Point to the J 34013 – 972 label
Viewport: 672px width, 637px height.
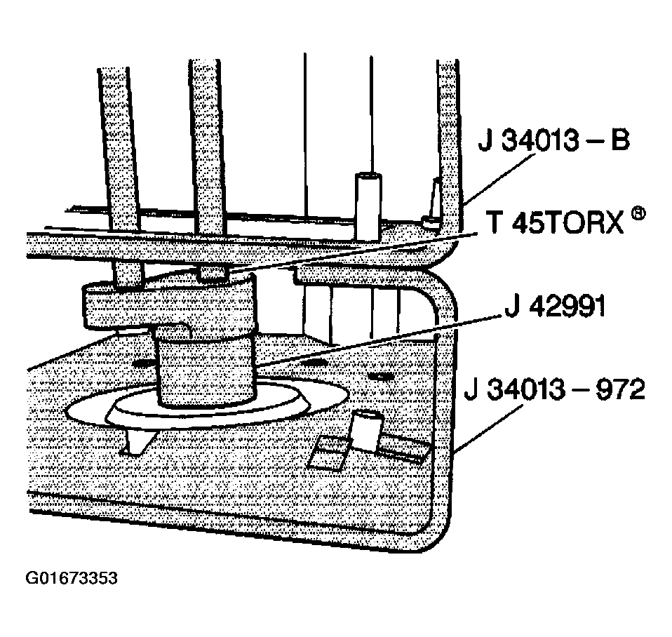(554, 390)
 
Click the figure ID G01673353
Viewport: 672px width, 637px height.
(71, 579)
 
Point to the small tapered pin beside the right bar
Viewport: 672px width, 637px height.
(433, 203)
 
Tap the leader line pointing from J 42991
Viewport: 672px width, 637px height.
(379, 344)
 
